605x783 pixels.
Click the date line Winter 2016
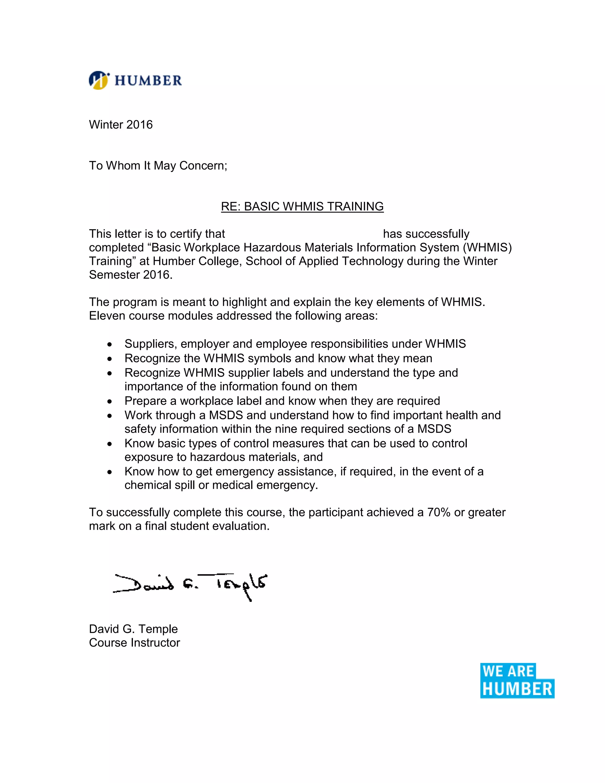121,125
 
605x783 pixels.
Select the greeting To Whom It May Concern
158,166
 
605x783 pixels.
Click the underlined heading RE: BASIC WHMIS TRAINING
302,207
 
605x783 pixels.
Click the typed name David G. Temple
133,629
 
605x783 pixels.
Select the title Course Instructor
134,642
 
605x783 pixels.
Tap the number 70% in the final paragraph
438,512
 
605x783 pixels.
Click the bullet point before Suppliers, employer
110,345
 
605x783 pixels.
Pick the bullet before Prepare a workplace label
110,402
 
